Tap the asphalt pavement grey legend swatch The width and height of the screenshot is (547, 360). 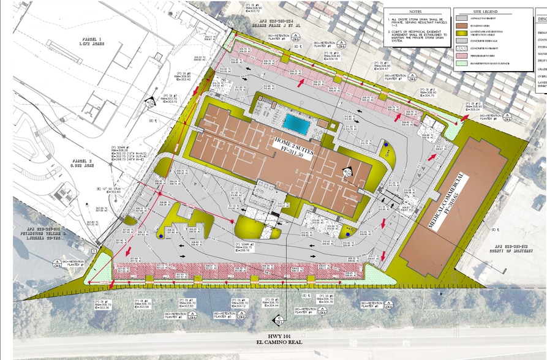461,18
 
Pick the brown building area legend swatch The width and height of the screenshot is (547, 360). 461,26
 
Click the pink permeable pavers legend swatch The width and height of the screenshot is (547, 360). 461,56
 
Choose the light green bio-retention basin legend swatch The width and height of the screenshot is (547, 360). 461,63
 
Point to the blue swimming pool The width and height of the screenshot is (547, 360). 296,124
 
